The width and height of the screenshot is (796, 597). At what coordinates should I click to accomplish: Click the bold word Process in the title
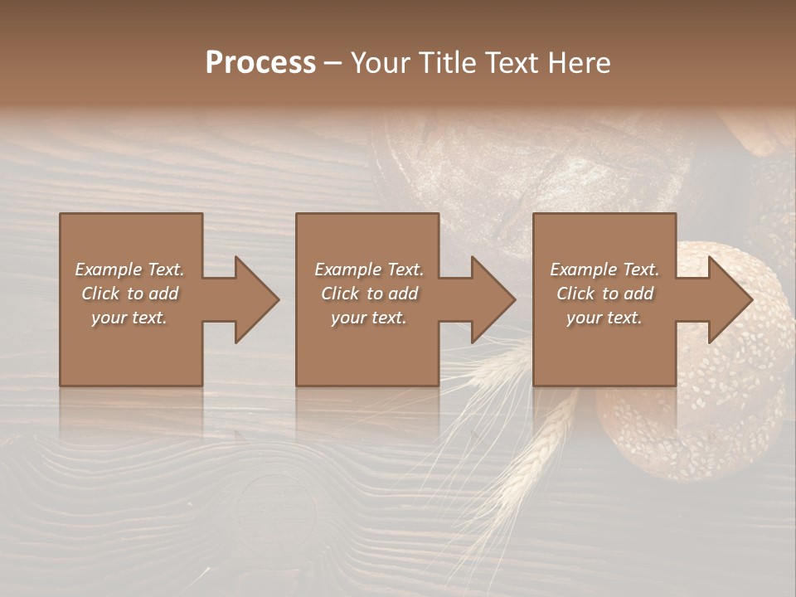260,63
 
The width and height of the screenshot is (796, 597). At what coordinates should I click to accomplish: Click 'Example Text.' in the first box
129,269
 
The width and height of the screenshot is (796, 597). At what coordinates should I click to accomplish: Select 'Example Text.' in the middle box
369,269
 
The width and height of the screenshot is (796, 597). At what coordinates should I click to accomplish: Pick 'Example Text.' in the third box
604,269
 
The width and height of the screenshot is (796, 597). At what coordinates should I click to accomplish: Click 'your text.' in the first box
129,318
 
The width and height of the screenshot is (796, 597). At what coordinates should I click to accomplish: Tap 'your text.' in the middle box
369,318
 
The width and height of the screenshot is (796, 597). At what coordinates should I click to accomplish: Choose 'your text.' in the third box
604,318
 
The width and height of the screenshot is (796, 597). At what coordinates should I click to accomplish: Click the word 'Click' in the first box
100,294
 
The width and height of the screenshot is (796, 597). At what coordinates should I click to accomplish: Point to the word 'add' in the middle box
403,294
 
